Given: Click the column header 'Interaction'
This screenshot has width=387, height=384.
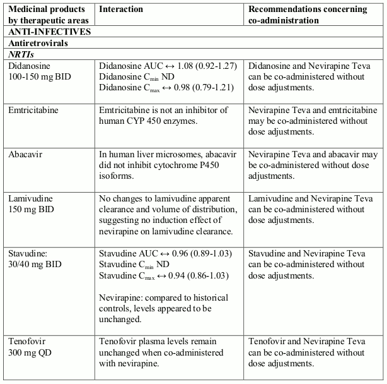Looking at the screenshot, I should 121,9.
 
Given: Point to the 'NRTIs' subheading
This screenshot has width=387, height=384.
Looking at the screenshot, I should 24,54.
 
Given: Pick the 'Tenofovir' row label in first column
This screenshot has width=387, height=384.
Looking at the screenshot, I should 28,342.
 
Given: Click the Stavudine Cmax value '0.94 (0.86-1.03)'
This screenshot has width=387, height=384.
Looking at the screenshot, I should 193,275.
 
